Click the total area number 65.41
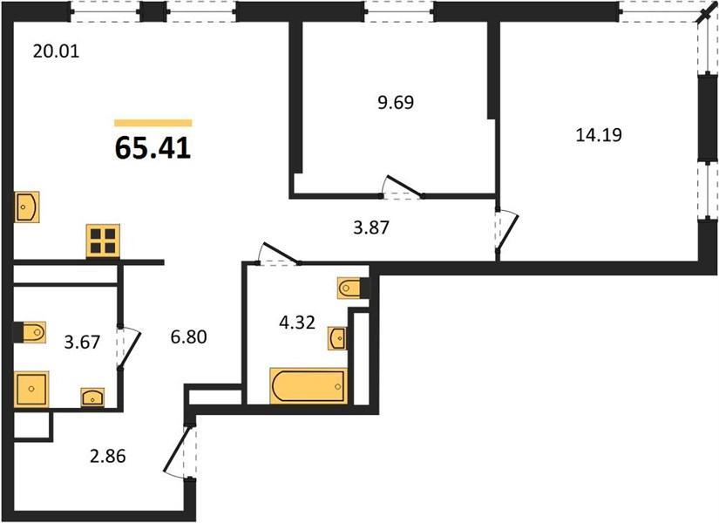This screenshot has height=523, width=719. pos(153,148)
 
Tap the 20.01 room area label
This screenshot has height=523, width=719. pos(56,51)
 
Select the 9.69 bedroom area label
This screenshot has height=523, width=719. pos(396,102)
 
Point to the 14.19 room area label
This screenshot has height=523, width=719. pos(599,135)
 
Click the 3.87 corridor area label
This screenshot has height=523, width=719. pos(371,228)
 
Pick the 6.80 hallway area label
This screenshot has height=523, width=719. pos(188,337)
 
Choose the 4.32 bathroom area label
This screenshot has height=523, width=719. pos(297,323)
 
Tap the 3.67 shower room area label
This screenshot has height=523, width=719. pos(82,343)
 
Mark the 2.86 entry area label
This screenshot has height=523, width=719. pos(108,457)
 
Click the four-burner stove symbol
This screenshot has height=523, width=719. pos(103,241)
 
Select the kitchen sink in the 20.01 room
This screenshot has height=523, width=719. pos(27,207)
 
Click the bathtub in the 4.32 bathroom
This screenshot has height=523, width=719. pos(309,386)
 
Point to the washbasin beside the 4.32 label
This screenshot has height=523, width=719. pos(337,338)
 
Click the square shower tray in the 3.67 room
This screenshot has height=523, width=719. pos(31,389)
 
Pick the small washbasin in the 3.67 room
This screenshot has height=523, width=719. pos(92,397)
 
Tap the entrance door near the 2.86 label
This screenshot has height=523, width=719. pos(177,451)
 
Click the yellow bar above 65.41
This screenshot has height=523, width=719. pos(153,123)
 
